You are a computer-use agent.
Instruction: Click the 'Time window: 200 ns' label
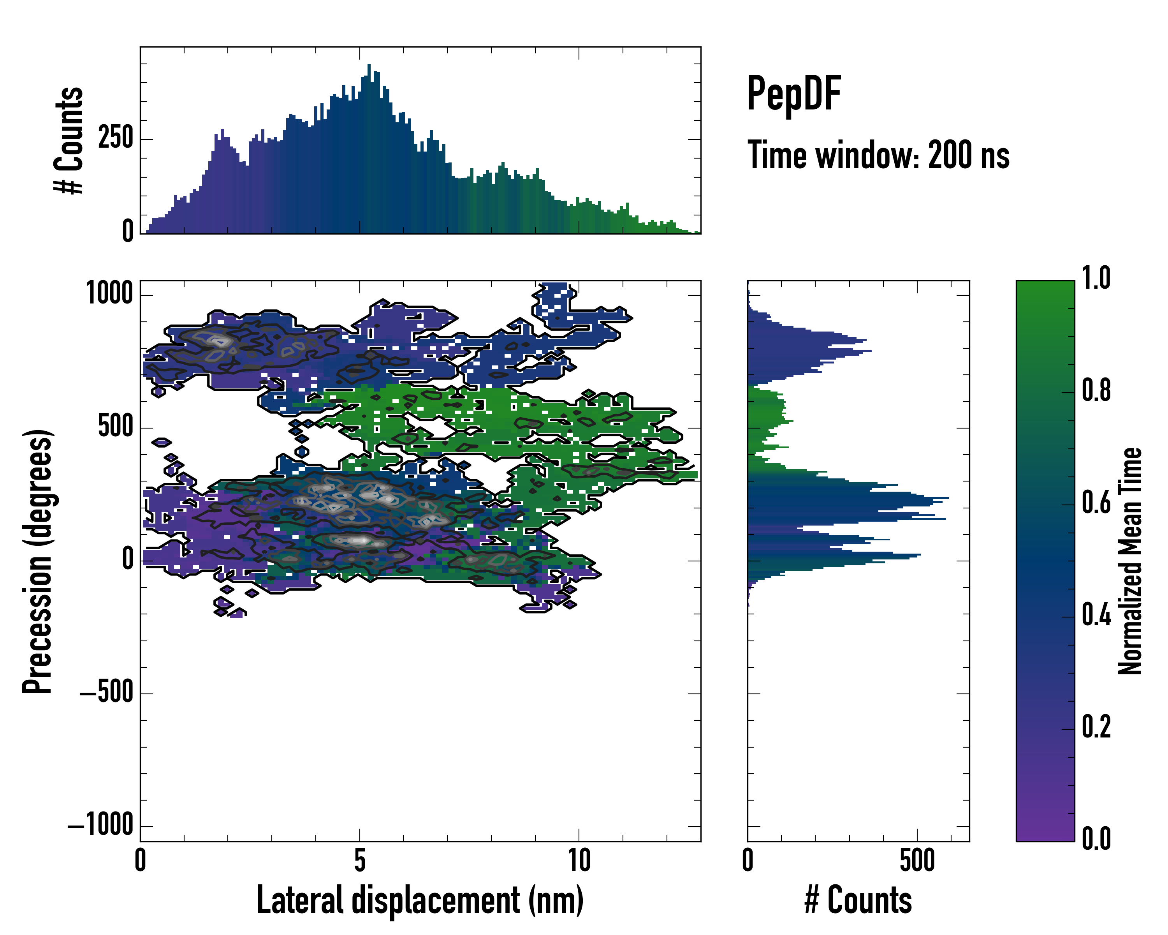pos(878,155)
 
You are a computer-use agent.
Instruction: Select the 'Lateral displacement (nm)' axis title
pos(420,900)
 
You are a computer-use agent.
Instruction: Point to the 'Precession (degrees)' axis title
pos(37,561)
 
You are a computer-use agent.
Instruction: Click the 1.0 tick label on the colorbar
pos(1096,279)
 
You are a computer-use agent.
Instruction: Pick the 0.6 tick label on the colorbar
pos(1096,503)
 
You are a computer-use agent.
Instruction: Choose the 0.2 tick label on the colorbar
pos(1096,727)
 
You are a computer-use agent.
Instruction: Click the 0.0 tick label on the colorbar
pos(1096,838)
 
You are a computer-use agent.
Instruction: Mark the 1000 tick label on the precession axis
pos(110,294)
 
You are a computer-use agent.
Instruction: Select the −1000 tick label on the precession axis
pos(101,826)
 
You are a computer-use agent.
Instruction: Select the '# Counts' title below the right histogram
pos(858,900)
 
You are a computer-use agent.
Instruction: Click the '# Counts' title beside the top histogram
pos(69,140)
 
